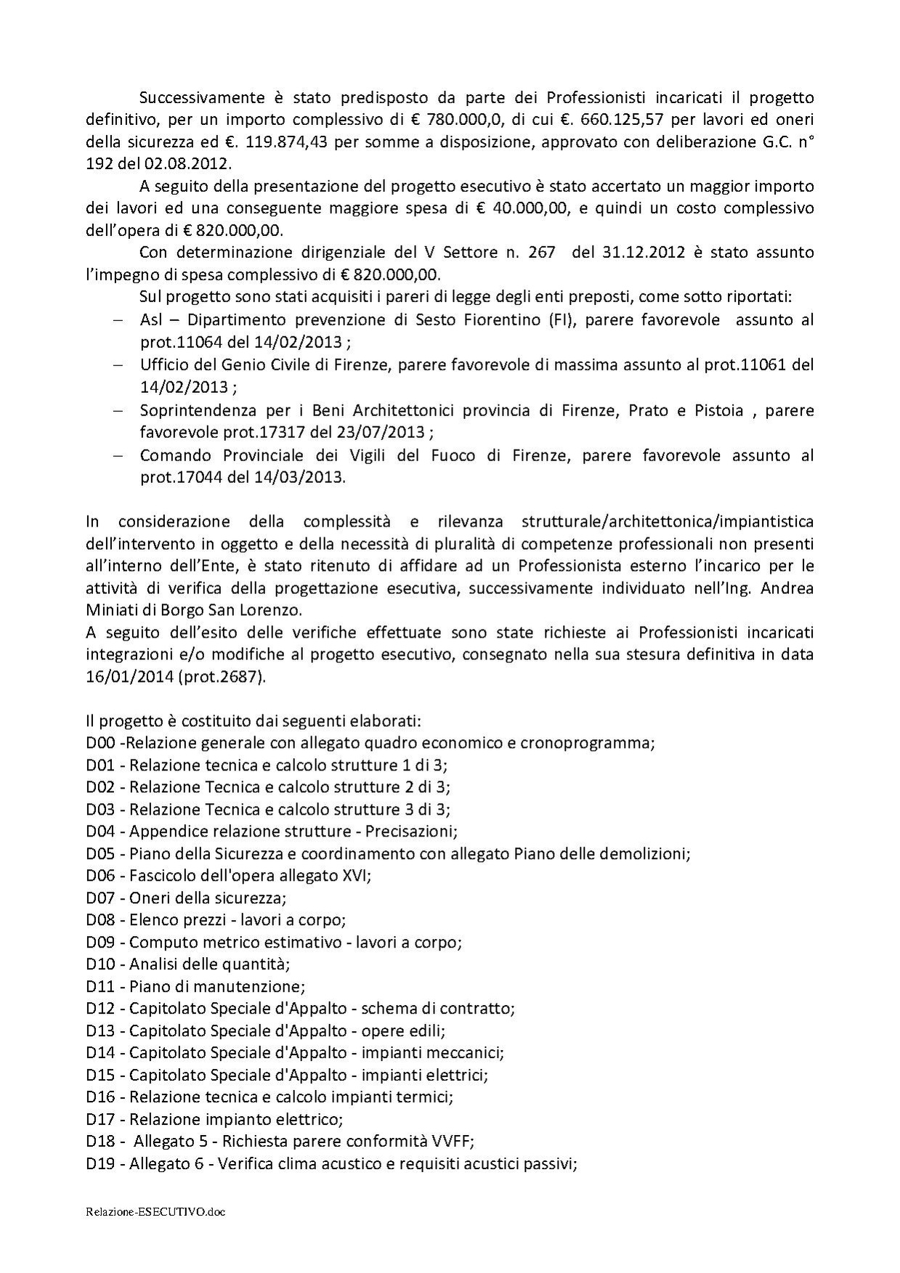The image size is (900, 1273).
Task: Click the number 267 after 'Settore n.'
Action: [542, 253]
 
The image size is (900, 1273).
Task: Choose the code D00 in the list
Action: [100, 743]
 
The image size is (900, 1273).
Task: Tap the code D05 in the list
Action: [100, 853]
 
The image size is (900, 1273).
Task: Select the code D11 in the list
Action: [100, 986]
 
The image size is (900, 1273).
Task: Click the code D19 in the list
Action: [100, 1163]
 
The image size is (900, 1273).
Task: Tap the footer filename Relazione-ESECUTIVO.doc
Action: [155, 1211]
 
